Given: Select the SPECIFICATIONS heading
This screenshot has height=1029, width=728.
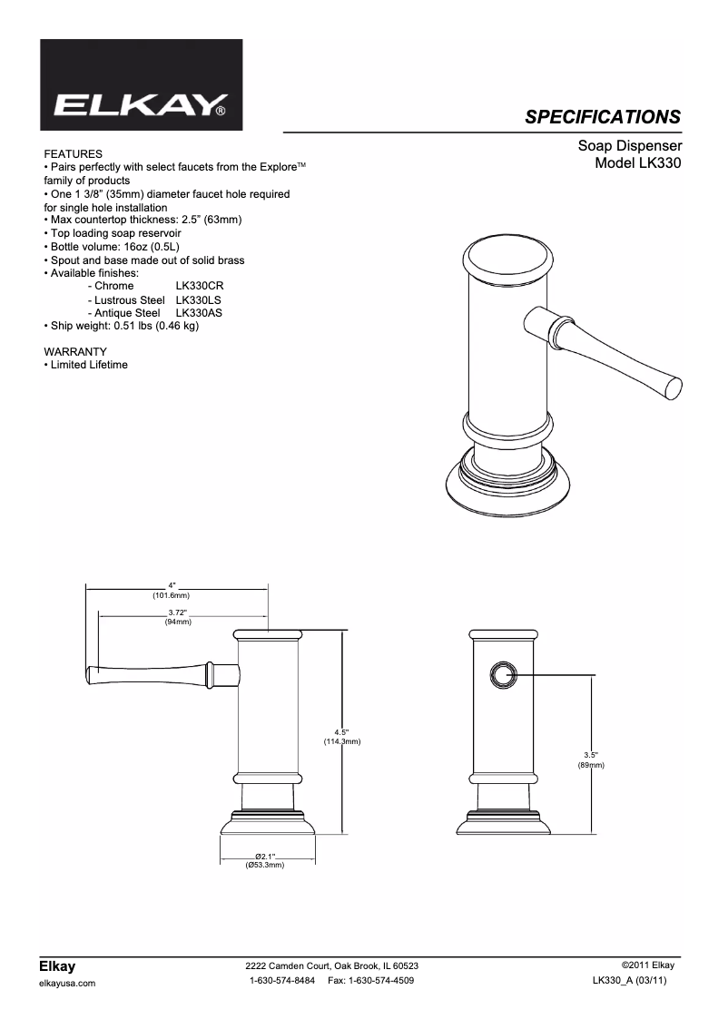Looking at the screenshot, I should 603,116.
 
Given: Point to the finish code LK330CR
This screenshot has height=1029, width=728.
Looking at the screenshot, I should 199,286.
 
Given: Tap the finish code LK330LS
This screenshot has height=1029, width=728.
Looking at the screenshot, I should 198,299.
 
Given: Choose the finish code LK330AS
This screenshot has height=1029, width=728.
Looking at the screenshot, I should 199,312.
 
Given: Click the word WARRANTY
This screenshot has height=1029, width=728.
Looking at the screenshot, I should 75,351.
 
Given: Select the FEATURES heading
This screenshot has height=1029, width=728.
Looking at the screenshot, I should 73,154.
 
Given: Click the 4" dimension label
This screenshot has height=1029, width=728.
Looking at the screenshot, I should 172,585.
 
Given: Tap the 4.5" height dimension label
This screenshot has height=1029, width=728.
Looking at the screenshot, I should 341,731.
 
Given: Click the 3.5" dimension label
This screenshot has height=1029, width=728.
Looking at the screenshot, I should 591,755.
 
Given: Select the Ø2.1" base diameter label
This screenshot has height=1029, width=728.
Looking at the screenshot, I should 265,856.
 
